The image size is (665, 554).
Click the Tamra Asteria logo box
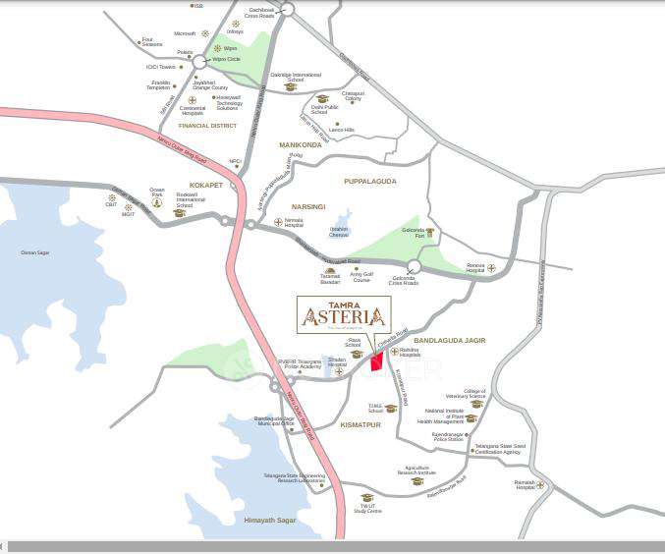point(344,314)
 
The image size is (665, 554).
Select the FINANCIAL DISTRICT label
point(208,126)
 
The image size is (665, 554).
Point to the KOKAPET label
point(205,184)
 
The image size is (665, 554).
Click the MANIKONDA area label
point(301,144)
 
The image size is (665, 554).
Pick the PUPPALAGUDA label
point(368,181)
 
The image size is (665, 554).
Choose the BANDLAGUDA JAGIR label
point(450,341)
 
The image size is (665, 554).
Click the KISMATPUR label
point(360,426)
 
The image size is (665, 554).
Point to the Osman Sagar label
point(34,252)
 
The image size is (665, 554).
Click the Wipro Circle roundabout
point(199,62)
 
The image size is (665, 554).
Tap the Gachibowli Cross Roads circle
point(287,9)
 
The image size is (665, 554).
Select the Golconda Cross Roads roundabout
point(414,265)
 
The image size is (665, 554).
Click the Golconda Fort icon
point(429,233)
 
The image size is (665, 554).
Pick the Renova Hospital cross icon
point(491,267)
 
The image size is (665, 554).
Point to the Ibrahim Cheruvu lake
point(341,224)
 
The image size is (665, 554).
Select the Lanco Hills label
point(342,130)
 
